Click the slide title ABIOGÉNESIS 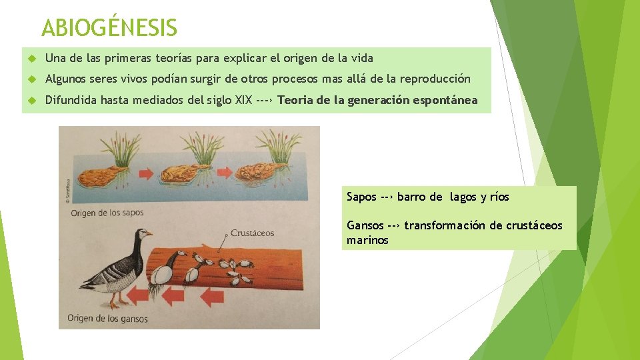[109, 28]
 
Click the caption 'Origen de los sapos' [107, 213]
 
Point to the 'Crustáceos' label [252, 233]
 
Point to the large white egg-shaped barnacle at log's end [162, 274]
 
